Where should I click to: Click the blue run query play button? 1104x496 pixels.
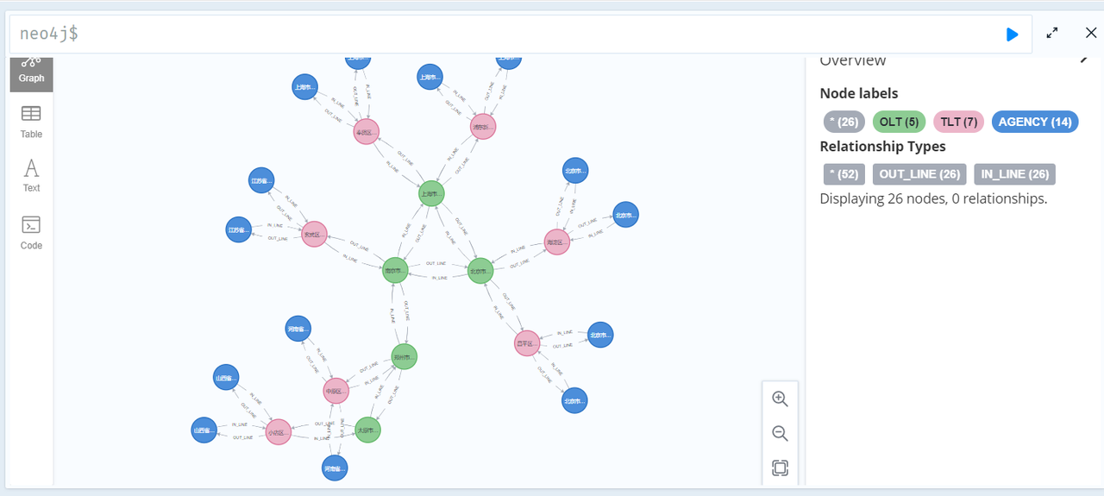coord(1012,34)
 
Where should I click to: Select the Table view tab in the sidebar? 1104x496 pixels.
coord(31,121)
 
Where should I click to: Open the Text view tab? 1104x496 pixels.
coord(31,175)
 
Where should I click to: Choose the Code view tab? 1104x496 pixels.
coord(31,232)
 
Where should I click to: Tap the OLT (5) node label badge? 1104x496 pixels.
coord(899,122)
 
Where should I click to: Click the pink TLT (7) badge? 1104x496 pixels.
coord(958,122)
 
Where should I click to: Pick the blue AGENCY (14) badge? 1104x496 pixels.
coord(1034,122)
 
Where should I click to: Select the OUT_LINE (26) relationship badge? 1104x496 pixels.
coord(919,174)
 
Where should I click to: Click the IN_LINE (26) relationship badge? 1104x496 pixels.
coord(1014,174)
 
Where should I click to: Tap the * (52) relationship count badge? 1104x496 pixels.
coord(844,174)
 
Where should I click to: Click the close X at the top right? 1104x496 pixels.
coord(1091,33)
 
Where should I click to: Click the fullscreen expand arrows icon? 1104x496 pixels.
coord(1052,33)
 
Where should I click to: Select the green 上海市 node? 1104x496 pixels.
coord(431,194)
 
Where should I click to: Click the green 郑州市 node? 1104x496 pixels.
coord(404,356)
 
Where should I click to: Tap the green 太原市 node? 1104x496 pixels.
coord(368,430)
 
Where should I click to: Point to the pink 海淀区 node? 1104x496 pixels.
coord(557,242)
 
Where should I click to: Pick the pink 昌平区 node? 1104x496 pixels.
coord(526,343)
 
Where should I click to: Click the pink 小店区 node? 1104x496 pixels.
coord(278,432)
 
